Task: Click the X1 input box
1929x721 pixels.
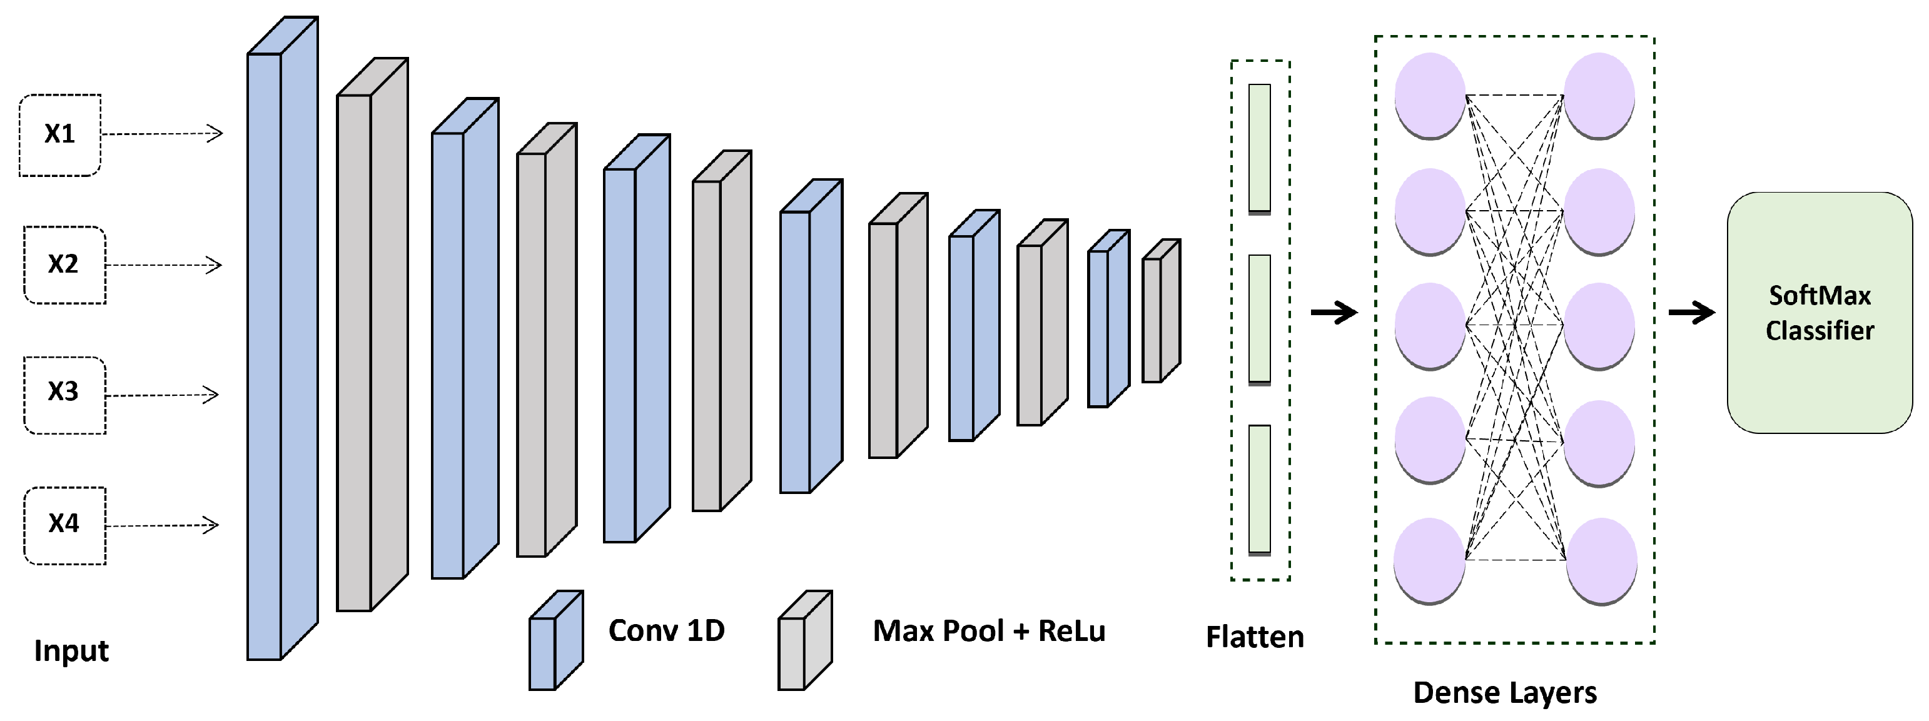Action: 60,135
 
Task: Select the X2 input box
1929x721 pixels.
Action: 64,265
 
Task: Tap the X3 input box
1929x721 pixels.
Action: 64,395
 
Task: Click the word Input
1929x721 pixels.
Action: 71,650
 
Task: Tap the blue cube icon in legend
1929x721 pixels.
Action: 555,642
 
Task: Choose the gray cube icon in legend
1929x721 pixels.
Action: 804,642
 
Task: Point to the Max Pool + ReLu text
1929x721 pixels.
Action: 988,630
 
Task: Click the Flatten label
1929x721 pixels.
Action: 1254,637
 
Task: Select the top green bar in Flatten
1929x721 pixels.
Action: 1260,148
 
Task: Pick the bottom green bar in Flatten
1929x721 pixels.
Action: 1260,490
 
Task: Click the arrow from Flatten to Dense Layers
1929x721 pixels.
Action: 1334,312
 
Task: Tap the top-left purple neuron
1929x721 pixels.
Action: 1429,95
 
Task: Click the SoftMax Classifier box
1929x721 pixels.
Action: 1819,313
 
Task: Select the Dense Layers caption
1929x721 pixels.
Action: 1504,693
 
